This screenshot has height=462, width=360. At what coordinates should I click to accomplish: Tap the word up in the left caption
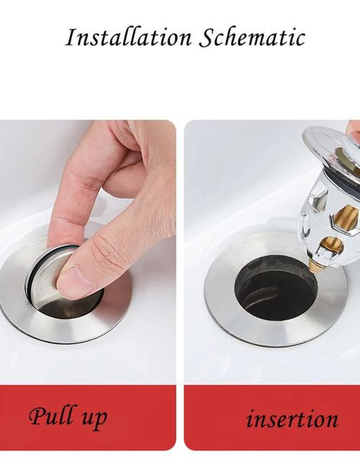[94, 419]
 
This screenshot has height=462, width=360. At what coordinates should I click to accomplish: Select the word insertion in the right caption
[292, 419]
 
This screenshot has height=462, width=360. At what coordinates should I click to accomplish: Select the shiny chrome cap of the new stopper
[328, 144]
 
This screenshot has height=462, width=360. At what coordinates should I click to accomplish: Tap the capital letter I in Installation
[71, 37]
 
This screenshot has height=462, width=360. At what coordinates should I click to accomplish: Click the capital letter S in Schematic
[206, 37]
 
